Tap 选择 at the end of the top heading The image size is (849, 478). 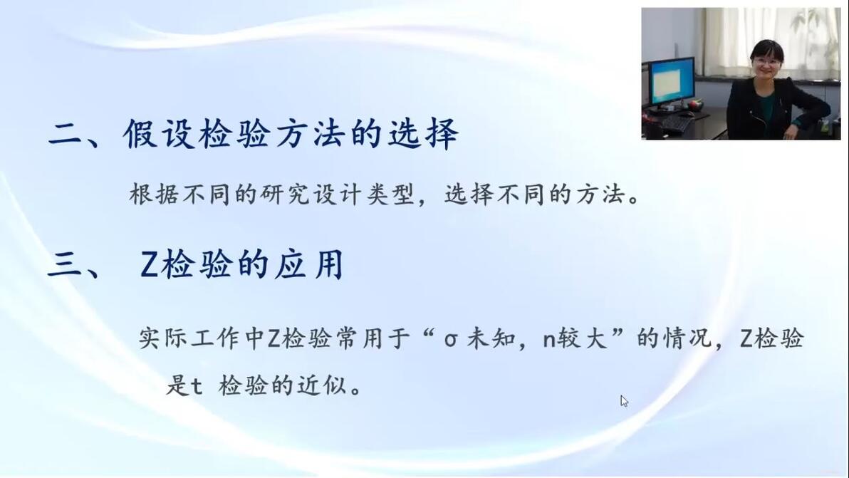point(424,133)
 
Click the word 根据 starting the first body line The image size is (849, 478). point(154,194)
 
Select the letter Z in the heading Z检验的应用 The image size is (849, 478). point(149,265)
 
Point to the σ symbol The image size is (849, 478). point(450,341)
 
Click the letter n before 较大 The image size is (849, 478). point(550,340)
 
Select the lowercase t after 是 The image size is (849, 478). point(197,387)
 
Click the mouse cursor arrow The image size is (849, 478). point(625,401)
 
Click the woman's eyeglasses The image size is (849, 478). point(766,62)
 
